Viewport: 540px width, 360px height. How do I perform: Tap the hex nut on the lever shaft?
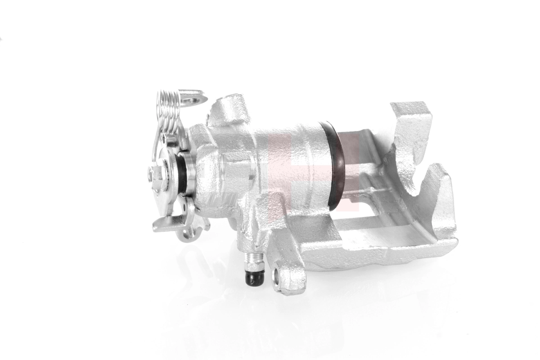pos(156,173)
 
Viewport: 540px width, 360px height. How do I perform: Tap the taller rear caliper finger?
pos(412,135)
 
